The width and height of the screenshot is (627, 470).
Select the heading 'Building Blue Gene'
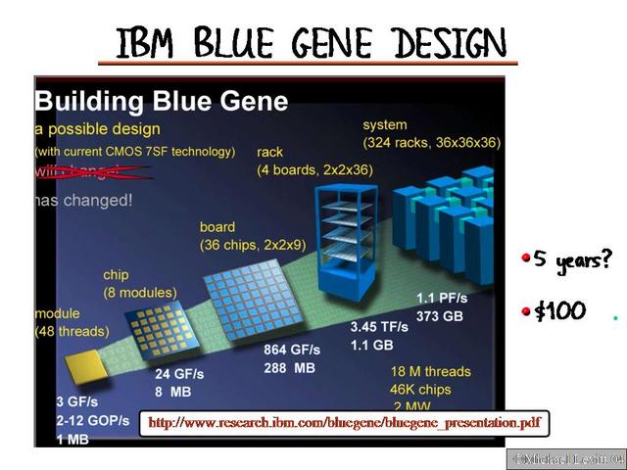tap(162, 101)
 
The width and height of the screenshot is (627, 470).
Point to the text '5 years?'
tap(572, 260)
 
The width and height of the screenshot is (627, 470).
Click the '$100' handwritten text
tap(560, 312)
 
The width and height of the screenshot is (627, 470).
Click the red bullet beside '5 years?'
tap(525, 260)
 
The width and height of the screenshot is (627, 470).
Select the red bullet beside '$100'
tap(525, 312)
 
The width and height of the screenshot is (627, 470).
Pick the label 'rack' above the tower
tap(270, 152)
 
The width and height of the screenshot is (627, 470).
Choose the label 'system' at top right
tap(384, 124)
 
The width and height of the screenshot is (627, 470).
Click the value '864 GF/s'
tap(292, 350)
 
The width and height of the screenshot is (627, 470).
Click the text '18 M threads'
tap(430, 371)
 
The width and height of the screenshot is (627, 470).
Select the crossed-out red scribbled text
tap(93, 171)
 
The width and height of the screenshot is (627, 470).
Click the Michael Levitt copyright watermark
tap(565, 458)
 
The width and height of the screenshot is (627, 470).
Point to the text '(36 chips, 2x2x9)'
tap(252, 245)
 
